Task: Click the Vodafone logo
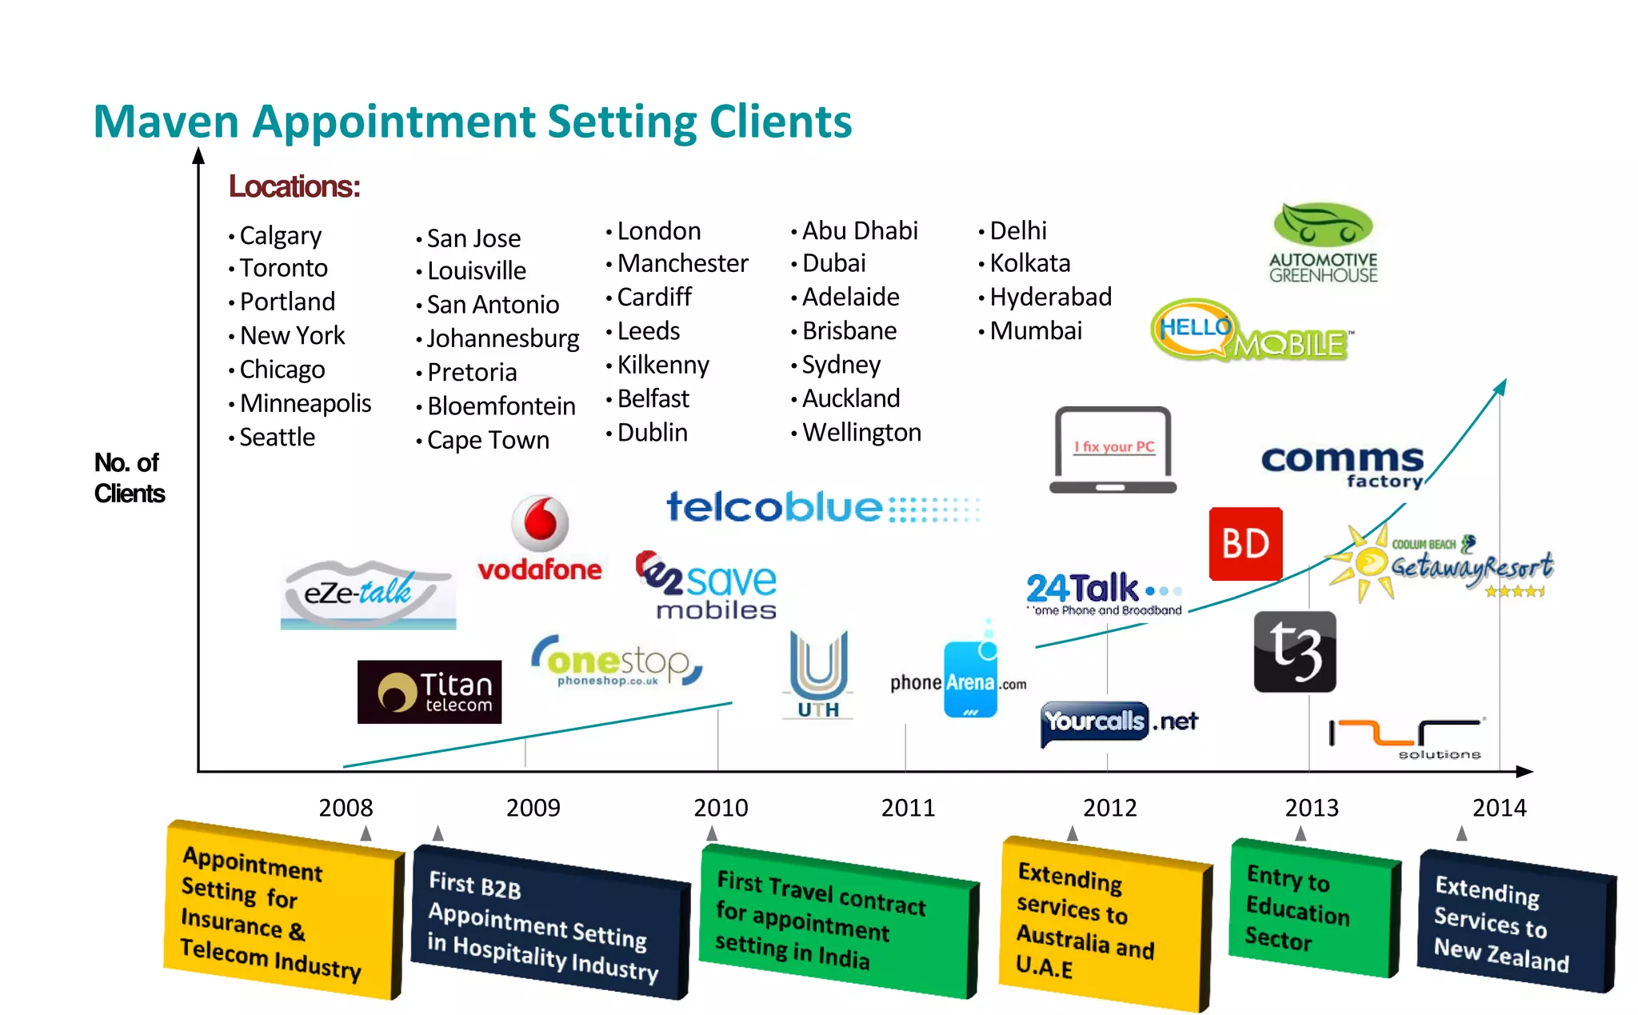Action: coord(540,537)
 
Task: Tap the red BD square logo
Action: coord(1245,544)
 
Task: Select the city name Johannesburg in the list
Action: coord(502,338)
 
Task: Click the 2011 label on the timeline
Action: coord(908,808)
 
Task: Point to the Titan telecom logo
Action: coord(429,692)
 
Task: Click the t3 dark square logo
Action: coord(1294,652)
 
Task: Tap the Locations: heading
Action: coord(294,186)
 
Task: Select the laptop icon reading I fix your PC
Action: coord(1113,450)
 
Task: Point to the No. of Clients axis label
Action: coord(129,478)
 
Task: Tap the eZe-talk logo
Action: coord(368,594)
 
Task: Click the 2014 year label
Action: coord(1499,808)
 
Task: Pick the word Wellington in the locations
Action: coord(861,433)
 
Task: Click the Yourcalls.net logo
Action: coord(1119,722)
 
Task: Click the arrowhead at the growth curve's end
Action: coord(1501,386)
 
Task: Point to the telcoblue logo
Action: coord(822,507)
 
